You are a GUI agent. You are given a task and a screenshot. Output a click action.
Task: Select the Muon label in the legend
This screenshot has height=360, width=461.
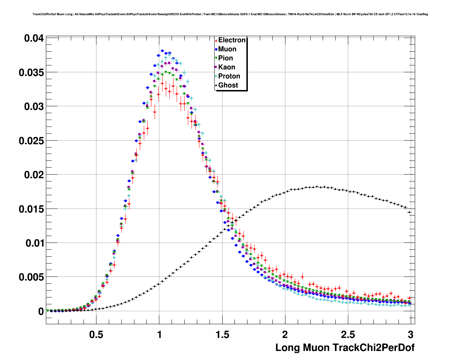coord(227,49)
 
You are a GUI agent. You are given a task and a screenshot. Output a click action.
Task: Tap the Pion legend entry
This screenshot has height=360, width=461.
coord(225,58)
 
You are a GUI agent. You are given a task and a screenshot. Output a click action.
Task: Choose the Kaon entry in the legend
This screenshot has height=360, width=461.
coord(227,67)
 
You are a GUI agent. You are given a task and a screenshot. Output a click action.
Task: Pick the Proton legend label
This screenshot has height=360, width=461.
coord(229,76)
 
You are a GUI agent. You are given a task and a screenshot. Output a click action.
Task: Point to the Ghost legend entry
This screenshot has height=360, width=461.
coord(228,85)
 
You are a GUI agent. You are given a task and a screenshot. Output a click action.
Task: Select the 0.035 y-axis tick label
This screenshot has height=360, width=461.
coord(31,73)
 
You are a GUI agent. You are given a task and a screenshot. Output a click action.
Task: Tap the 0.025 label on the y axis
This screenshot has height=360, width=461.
coord(31,141)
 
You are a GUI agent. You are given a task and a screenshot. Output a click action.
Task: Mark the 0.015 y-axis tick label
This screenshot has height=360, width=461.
coord(31,209)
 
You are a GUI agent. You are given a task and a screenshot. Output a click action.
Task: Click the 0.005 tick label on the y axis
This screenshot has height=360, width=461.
coord(31,277)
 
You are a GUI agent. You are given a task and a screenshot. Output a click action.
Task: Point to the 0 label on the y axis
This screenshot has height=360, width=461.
coord(41,311)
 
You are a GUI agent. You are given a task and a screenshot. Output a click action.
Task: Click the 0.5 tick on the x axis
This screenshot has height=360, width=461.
coord(96,335)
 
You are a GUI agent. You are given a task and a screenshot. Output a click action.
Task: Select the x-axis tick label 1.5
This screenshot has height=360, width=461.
coord(222,335)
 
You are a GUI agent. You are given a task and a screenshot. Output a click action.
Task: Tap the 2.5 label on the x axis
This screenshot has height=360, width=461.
coord(348,335)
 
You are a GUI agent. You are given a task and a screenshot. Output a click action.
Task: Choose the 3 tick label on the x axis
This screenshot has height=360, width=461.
coord(410,335)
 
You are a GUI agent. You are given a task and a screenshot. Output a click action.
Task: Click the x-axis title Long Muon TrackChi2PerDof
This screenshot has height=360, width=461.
coord(345,348)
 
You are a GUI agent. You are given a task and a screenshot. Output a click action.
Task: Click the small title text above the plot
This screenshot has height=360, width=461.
coord(230,14)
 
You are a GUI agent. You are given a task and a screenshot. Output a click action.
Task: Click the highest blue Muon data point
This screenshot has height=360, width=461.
coord(162,51)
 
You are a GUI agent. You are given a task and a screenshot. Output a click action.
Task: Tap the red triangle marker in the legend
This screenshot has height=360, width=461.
coord(216,40)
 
